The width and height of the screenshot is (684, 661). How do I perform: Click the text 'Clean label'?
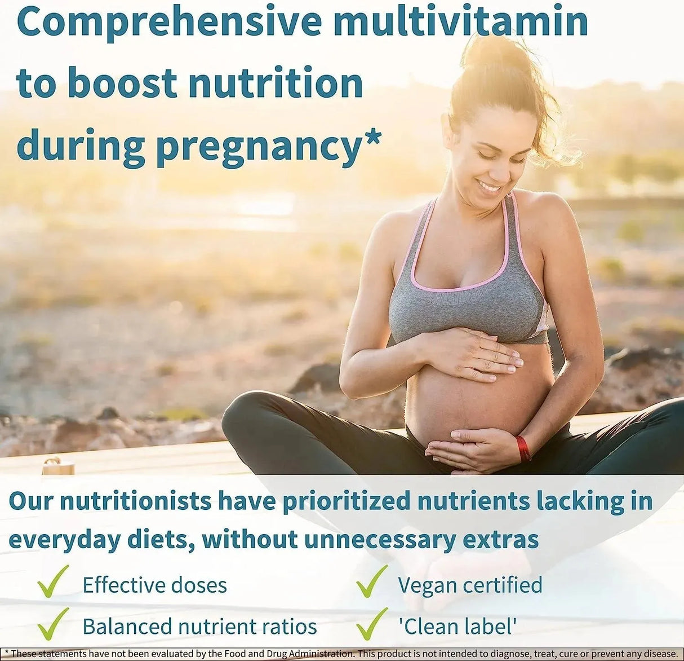457,626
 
